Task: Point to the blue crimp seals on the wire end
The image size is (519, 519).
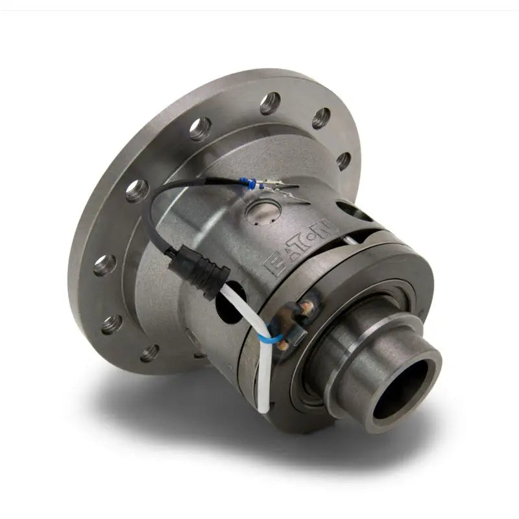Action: [255, 186]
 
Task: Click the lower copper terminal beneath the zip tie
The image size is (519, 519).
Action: [283, 346]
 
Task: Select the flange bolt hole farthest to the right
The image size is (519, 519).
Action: [343, 160]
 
